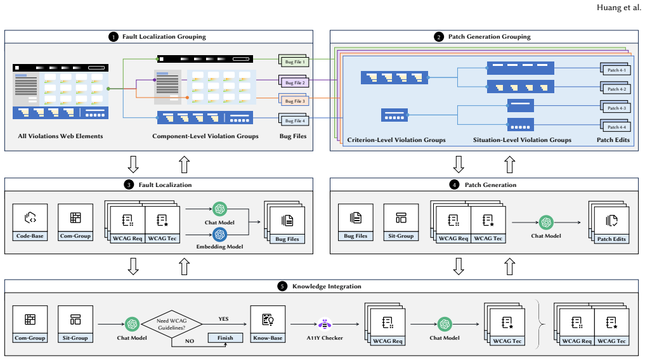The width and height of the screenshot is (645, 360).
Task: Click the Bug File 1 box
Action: pos(294,61)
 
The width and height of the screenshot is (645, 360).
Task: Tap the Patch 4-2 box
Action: pos(616,88)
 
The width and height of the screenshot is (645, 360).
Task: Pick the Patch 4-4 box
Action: pos(616,126)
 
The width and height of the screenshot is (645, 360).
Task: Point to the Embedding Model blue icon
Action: pos(219,235)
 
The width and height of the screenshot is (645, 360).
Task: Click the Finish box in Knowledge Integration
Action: pos(225,338)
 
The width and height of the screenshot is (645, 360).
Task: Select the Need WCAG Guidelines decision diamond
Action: pos(171,325)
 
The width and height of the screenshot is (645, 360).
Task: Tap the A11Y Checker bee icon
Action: pos(325,325)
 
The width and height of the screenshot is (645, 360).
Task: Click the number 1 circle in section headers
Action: pos(114,37)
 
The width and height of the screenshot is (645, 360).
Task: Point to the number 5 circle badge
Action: pos(282,286)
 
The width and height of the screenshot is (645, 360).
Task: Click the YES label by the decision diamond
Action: pos(223,319)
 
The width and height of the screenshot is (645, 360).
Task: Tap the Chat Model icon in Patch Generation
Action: pos(546,222)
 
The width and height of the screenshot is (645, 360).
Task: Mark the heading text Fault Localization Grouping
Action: pos(164,37)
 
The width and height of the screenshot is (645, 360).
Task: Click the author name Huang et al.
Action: pos(618,8)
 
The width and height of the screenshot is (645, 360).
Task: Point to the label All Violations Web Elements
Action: pos(60,136)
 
